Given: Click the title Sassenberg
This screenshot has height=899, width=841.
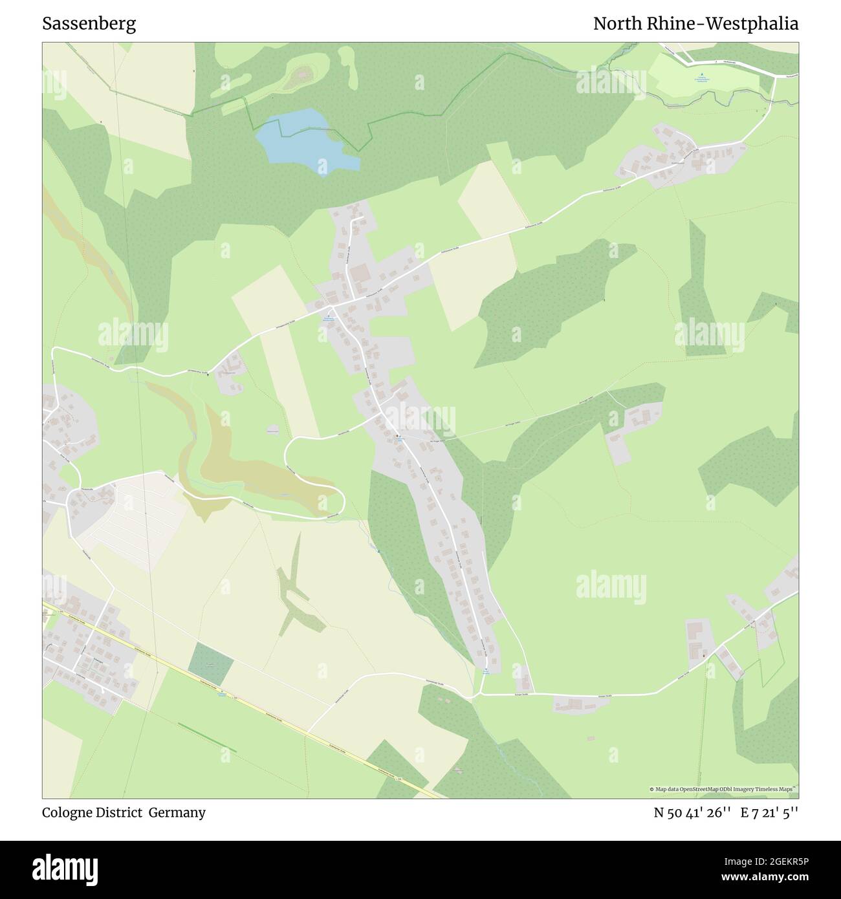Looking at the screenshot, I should tap(89, 24).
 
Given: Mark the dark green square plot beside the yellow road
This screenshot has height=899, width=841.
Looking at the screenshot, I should tap(211, 665).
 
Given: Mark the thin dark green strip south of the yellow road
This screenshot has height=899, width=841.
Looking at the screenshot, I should tap(206, 737).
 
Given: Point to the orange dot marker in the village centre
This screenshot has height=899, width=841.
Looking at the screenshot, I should tap(397, 436).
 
